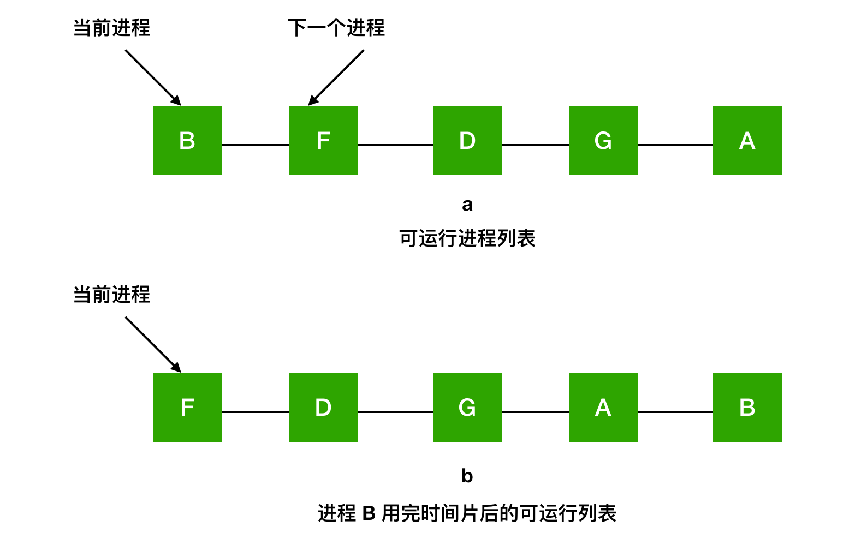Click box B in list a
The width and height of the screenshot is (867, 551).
click(x=187, y=140)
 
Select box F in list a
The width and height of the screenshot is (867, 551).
click(x=323, y=140)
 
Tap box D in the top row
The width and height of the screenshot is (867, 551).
click(x=467, y=140)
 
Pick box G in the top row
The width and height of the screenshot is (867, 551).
click(x=603, y=140)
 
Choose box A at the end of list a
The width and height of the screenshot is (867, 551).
click(x=747, y=140)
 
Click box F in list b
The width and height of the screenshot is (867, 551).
click(x=187, y=407)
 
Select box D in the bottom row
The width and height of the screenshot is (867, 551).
click(x=323, y=407)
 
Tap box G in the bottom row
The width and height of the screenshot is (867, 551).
click(x=467, y=407)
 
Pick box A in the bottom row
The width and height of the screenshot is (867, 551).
click(x=603, y=407)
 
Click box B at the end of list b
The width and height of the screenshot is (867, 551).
click(x=747, y=407)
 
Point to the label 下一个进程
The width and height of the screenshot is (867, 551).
click(x=336, y=28)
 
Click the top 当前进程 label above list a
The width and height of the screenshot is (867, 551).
click(x=112, y=28)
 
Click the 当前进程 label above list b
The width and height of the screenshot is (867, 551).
click(x=112, y=295)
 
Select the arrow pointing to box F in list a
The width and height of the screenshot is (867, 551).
click(x=336, y=77)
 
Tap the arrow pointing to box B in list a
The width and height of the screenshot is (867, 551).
click(x=153, y=77)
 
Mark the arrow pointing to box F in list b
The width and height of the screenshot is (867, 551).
click(x=153, y=345)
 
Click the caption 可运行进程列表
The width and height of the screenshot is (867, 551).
click(x=467, y=238)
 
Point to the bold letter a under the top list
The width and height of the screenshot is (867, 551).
click(x=467, y=205)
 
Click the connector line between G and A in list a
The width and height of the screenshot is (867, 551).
click(x=675, y=145)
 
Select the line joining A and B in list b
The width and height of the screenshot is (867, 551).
click(x=675, y=412)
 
